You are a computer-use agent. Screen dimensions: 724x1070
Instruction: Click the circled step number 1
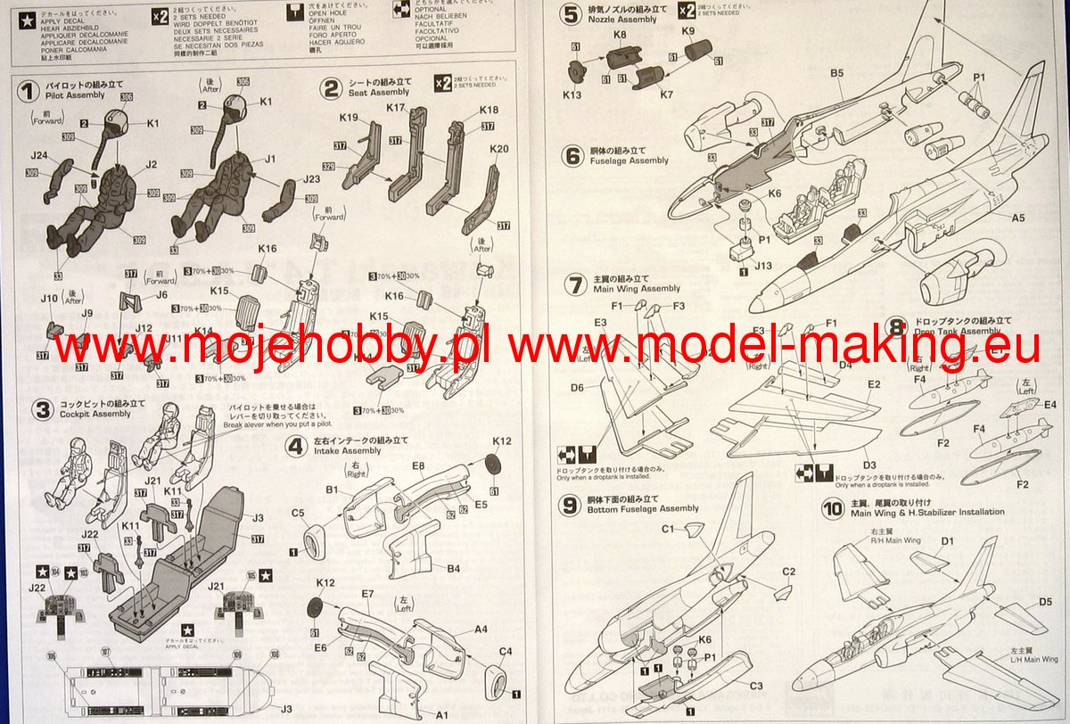click(x=28, y=89)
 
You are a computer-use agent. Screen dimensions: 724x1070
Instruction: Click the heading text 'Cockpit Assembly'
click(x=95, y=415)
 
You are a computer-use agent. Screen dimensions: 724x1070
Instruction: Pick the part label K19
click(x=349, y=118)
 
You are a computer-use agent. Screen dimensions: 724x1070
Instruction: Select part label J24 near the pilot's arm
click(x=38, y=157)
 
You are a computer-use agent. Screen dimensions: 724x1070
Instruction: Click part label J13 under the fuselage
click(x=762, y=265)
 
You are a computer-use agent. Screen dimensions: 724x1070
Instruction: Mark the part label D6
click(x=577, y=388)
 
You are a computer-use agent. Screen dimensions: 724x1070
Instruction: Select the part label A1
click(x=441, y=714)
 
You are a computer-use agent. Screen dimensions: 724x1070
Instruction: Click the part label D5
click(x=1046, y=603)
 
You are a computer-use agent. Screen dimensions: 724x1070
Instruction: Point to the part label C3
click(x=755, y=685)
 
